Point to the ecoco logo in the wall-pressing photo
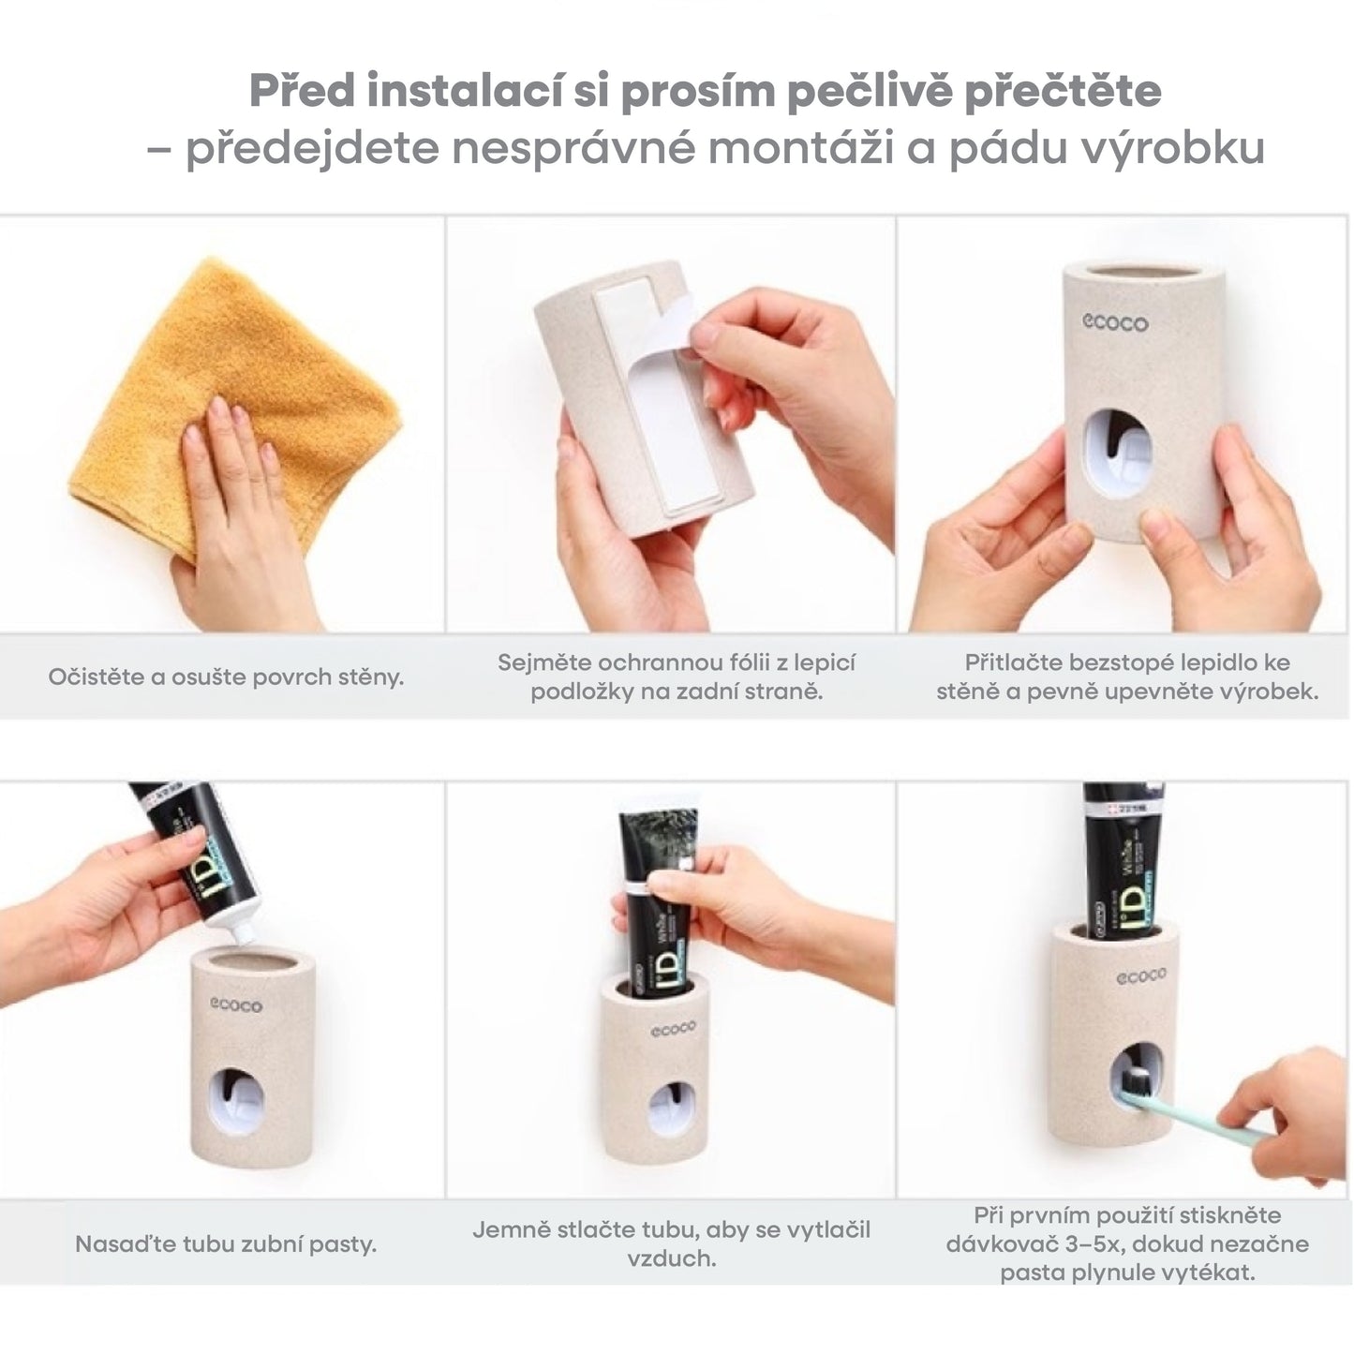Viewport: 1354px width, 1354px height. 1115,323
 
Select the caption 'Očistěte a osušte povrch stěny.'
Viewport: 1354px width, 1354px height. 226,677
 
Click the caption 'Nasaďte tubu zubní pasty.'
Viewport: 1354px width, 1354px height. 226,1244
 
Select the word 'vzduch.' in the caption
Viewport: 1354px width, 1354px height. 672,1259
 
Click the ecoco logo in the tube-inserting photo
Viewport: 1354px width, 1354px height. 236,1005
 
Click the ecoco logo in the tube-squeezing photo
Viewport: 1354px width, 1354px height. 673,1029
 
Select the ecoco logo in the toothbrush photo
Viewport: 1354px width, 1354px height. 1141,976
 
